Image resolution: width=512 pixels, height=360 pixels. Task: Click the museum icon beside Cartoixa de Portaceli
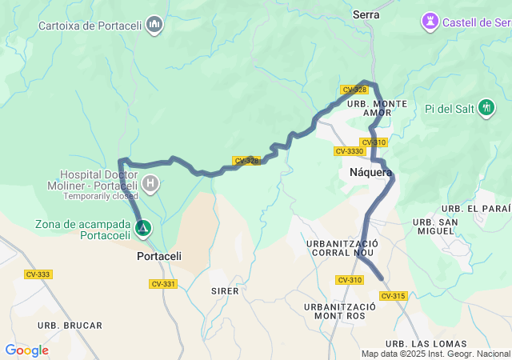[x=155, y=26]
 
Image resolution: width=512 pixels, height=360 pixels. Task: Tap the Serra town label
[x=366, y=14]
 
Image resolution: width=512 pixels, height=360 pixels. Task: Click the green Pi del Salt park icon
[x=486, y=108]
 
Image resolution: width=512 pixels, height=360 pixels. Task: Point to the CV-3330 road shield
[x=350, y=151]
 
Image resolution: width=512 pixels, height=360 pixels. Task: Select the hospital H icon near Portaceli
[x=150, y=184]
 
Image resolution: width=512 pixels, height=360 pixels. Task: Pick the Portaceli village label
[x=159, y=257]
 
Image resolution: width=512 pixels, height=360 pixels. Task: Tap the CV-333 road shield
[x=38, y=274]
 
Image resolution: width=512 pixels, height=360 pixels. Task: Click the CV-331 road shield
[x=163, y=284]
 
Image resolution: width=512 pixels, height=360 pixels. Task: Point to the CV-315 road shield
[x=394, y=296]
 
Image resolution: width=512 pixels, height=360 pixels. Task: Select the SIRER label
[x=225, y=291]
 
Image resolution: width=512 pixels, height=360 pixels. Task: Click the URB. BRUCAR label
[x=75, y=326]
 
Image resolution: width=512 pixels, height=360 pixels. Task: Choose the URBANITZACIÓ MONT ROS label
[x=340, y=311]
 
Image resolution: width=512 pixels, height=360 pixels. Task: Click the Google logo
[x=26, y=350]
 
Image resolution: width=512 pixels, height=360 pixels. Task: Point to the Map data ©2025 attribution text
[x=435, y=354]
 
